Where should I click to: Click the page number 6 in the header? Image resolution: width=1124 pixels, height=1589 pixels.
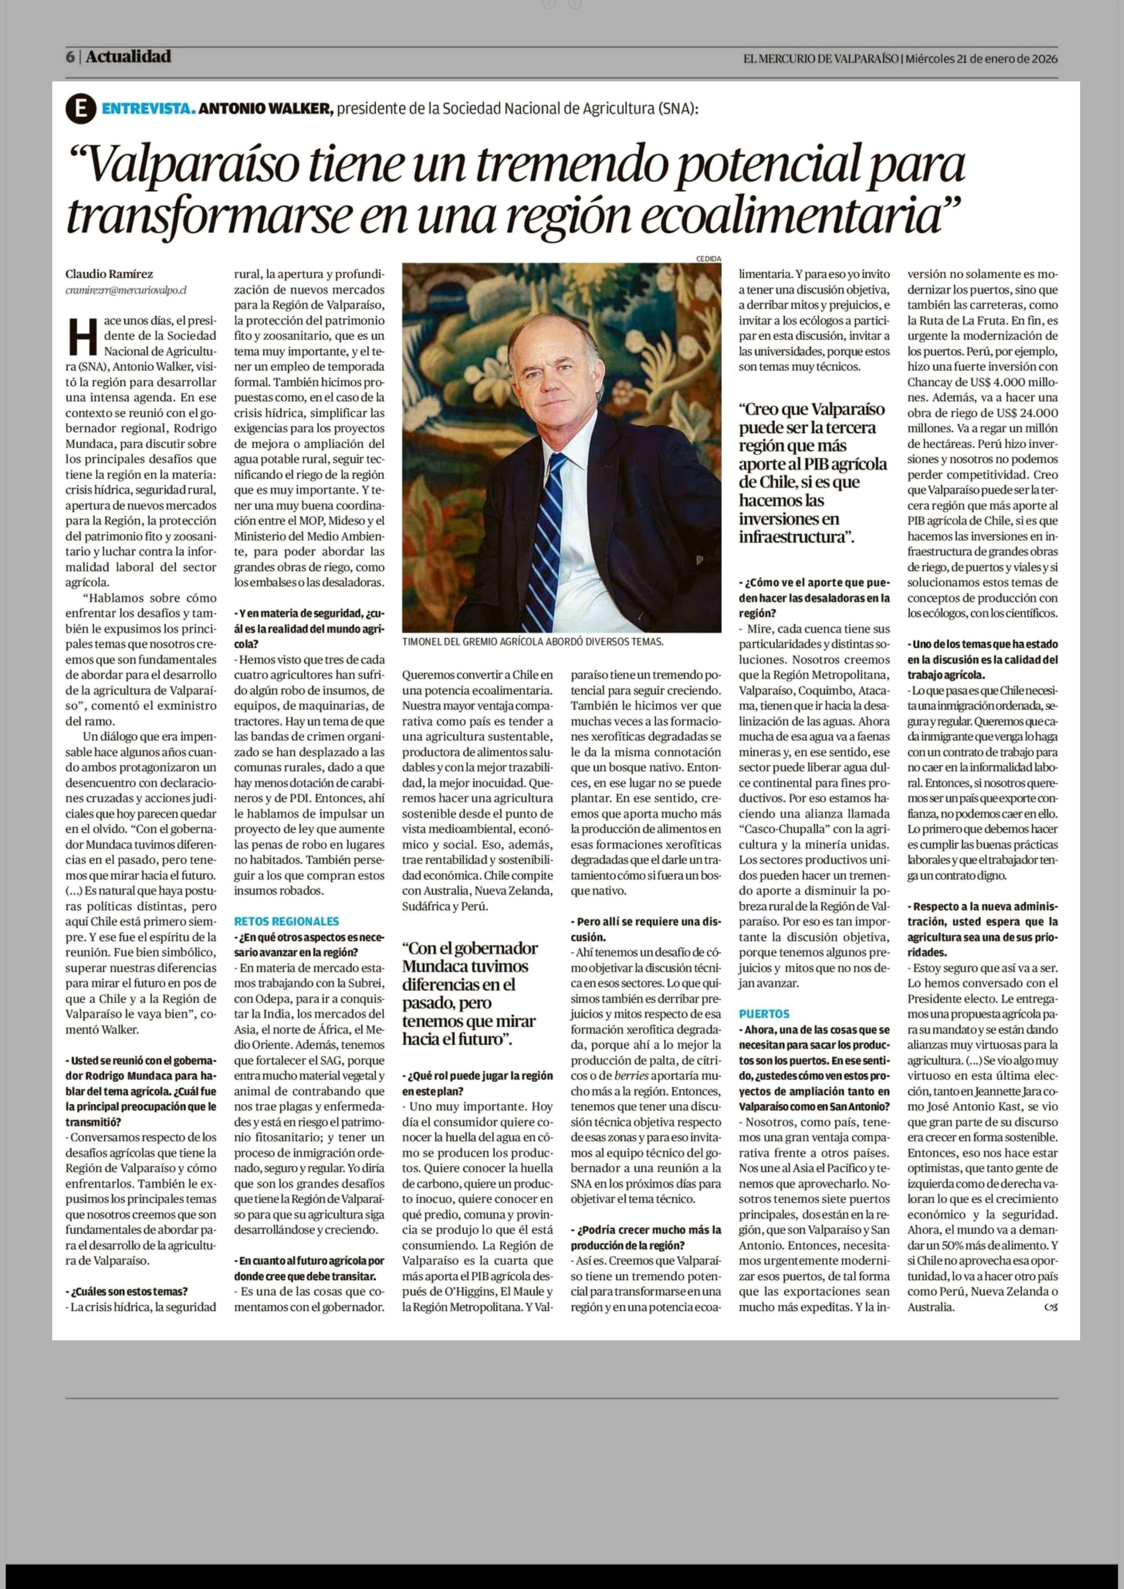(x=70, y=57)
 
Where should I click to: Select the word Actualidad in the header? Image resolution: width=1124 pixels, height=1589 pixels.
(x=129, y=57)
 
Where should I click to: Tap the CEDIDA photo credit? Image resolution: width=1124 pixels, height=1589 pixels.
(x=708, y=259)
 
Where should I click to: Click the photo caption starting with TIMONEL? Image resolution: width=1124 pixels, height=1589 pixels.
(x=532, y=642)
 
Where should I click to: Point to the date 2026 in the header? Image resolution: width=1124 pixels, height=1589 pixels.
(x=1045, y=59)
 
